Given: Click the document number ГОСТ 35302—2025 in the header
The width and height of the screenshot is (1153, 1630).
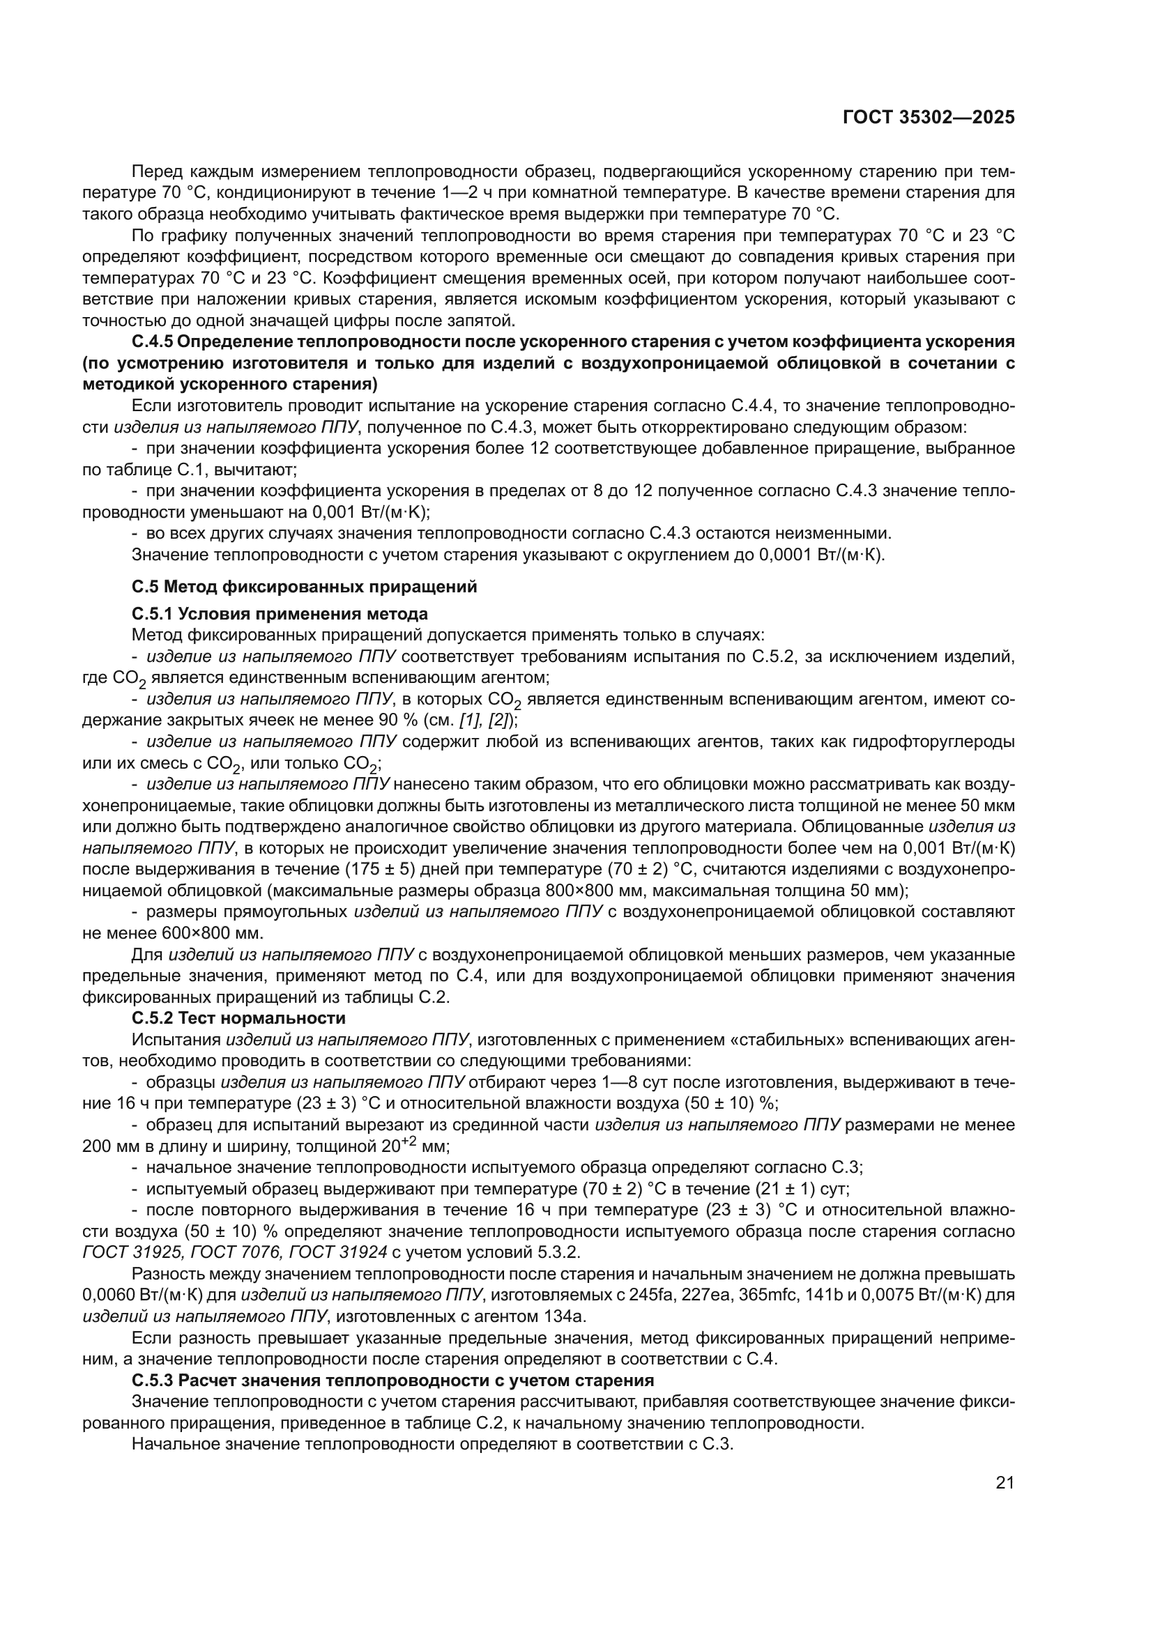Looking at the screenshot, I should (x=929, y=118).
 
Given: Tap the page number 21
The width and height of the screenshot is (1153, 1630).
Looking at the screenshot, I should (x=1005, y=1482).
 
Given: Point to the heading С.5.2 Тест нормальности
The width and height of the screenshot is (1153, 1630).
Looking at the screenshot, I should (x=238, y=1017).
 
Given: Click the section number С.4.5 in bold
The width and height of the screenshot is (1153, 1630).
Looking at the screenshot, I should (x=152, y=341).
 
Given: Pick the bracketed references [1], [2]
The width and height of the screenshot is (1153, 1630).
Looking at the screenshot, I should (x=487, y=720).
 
